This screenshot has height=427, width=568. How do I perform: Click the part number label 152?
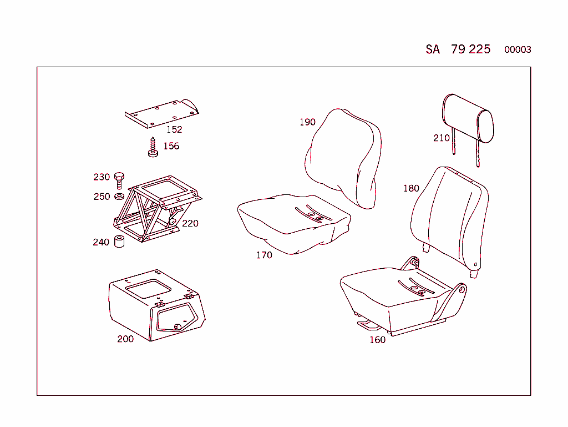pyautogui.click(x=174, y=129)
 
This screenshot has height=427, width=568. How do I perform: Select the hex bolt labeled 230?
pyautogui.click(x=119, y=179)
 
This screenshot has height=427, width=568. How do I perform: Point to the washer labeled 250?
pyautogui.click(x=119, y=197)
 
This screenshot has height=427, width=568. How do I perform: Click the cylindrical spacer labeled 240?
pyautogui.click(x=119, y=242)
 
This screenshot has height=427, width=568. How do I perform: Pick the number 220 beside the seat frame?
pyautogui.click(x=190, y=224)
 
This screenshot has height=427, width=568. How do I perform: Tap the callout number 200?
pyautogui.click(x=125, y=339)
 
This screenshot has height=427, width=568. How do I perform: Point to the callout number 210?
pyautogui.click(x=442, y=138)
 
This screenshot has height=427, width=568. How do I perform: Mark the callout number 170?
pyautogui.click(x=264, y=255)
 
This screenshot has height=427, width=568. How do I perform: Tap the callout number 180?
pyautogui.click(x=411, y=189)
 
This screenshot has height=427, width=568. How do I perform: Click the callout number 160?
pyautogui.click(x=377, y=340)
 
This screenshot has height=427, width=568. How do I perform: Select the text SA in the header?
pyautogui.click(x=433, y=49)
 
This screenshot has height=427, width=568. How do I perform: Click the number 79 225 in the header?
pyautogui.click(x=470, y=49)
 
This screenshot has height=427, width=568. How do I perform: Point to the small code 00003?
pyautogui.click(x=518, y=50)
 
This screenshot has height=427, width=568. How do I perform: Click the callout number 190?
pyautogui.click(x=307, y=122)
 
